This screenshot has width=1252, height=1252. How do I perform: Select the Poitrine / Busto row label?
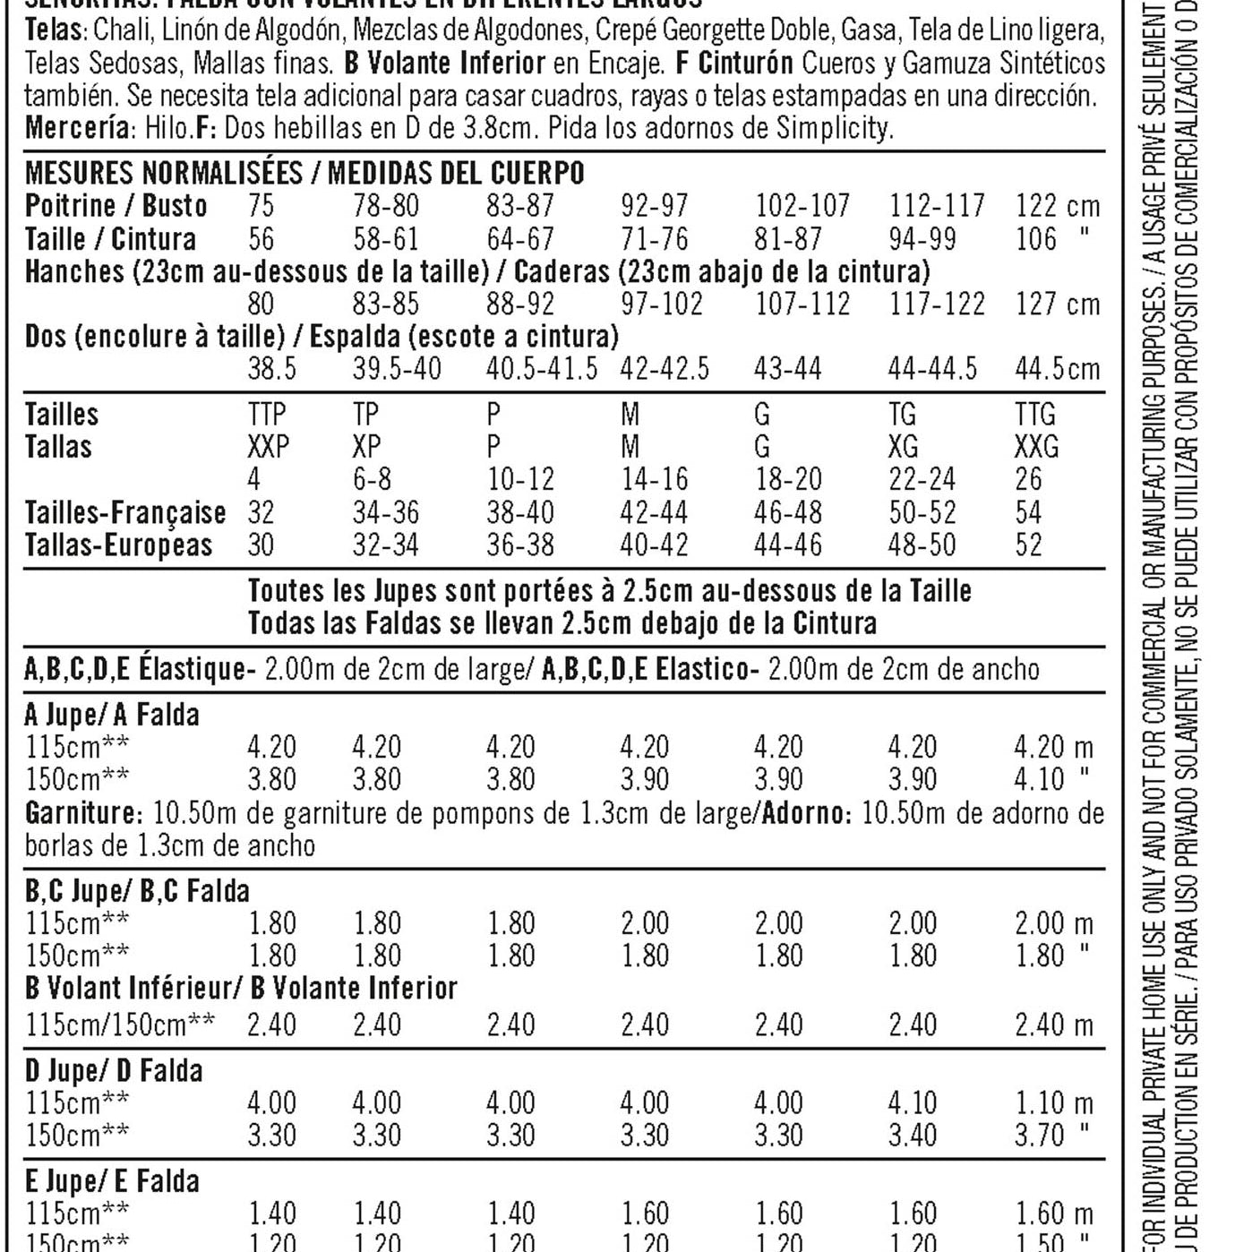tap(116, 206)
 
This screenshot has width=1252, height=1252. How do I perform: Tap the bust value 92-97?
tap(654, 206)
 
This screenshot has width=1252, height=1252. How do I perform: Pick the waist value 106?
tap(1036, 239)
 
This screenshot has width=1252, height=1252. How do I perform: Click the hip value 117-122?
tap(936, 304)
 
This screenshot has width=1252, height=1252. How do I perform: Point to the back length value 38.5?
tap(271, 368)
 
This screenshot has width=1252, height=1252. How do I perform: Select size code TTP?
tap(267, 415)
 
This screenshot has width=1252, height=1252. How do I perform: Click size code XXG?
tap(1037, 446)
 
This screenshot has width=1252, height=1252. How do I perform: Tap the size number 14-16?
tap(654, 479)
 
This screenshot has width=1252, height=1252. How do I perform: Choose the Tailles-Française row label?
tap(124, 512)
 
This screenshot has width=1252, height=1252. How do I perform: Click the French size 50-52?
tap(922, 512)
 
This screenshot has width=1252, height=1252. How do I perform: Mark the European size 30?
tap(261, 545)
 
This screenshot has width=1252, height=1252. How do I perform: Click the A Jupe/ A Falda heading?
tap(112, 715)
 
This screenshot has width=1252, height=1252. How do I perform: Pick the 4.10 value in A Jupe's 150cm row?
tap(1039, 779)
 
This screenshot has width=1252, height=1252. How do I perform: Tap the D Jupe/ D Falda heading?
tap(114, 1070)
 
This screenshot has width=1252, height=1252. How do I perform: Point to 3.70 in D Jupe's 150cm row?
tap(1039, 1136)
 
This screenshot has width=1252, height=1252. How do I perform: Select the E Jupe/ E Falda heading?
tap(112, 1181)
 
